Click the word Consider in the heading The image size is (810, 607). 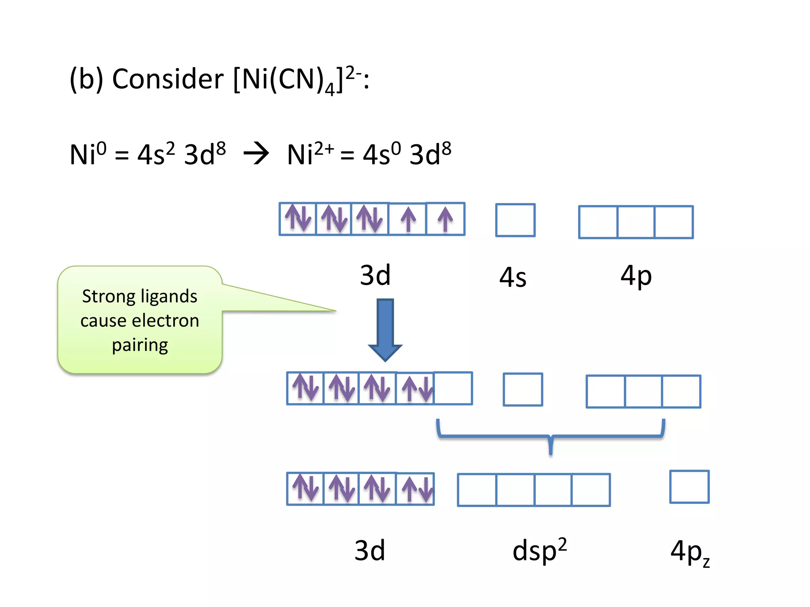pyautogui.click(x=168, y=79)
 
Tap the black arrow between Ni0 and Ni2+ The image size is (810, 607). pyautogui.click(x=256, y=153)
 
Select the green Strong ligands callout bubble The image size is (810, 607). pyautogui.click(x=139, y=320)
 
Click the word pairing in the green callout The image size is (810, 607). pyautogui.click(x=140, y=345)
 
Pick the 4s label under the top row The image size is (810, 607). pyautogui.click(x=513, y=277)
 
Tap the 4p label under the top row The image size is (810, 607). pyautogui.click(x=636, y=276)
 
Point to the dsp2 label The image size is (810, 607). pyautogui.click(x=539, y=550)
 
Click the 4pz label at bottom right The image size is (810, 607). pyautogui.click(x=689, y=552)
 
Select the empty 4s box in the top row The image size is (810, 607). pyautogui.click(x=515, y=220)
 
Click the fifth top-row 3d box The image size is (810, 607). pyautogui.click(x=445, y=219)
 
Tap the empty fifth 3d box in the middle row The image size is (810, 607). pyautogui.click(x=453, y=388)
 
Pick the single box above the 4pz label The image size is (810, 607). pyautogui.click(x=689, y=486)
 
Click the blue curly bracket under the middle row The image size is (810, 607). pyautogui.click(x=551, y=437)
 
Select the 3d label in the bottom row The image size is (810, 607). pyautogui.click(x=369, y=550)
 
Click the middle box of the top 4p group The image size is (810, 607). pyautogui.click(x=636, y=222)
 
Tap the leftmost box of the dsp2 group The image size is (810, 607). pyautogui.click(x=477, y=490)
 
